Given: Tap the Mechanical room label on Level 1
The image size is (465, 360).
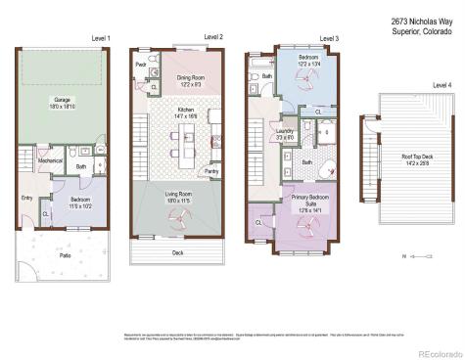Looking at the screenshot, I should (51, 160).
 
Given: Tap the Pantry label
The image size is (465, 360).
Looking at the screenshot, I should (211, 171).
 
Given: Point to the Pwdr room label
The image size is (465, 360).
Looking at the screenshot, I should (141, 67).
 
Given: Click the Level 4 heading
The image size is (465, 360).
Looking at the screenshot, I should (442, 85).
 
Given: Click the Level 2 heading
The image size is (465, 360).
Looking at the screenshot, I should (213, 37).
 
